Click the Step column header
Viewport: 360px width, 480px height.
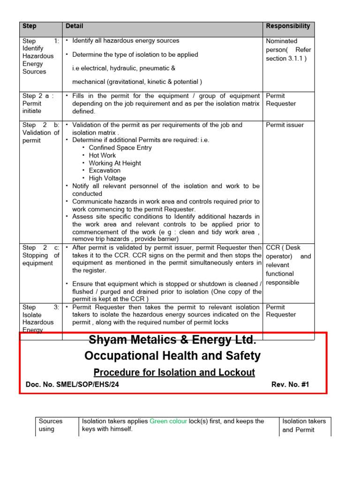(x=29, y=26)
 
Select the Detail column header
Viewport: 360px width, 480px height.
(x=75, y=26)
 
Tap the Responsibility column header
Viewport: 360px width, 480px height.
(x=288, y=26)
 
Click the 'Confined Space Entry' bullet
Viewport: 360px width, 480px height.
(x=120, y=148)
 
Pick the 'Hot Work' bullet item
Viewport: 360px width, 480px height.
(x=102, y=155)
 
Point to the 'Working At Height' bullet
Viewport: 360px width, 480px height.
(x=115, y=163)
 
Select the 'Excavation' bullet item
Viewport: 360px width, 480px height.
(x=105, y=171)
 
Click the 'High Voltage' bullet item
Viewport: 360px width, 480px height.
(x=107, y=178)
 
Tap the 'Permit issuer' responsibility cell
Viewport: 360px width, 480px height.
(x=285, y=125)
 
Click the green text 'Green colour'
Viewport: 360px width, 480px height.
(x=168, y=421)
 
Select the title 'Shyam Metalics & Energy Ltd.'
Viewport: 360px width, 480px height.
(x=172, y=339)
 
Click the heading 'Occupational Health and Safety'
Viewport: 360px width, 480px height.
(x=172, y=356)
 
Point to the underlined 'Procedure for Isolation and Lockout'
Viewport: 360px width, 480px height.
(x=174, y=372)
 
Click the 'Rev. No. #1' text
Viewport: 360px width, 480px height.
(x=290, y=385)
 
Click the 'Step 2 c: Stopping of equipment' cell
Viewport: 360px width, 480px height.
(x=41, y=255)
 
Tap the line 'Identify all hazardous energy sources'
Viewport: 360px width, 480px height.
(x=126, y=41)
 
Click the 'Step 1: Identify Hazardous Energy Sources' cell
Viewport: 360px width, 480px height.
(x=41, y=56)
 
